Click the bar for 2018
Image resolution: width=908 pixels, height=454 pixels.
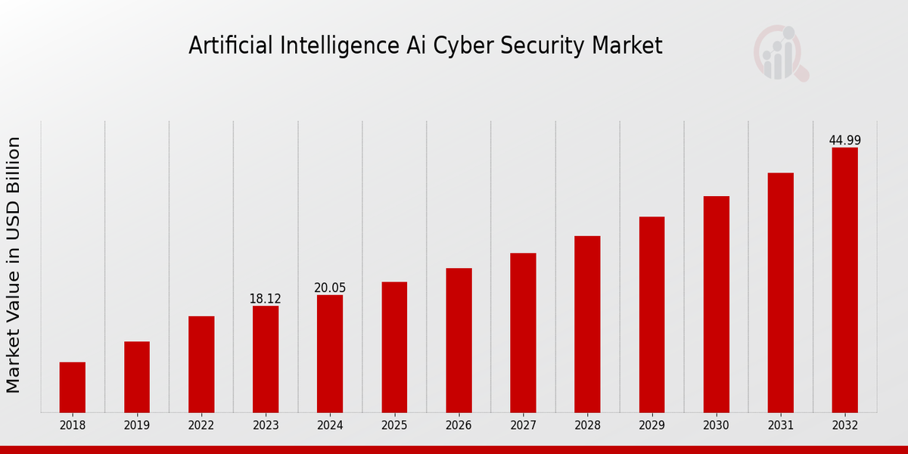[x=73, y=387]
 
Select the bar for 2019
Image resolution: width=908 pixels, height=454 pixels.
[x=137, y=377]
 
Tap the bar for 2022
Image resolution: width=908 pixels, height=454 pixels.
[x=201, y=364]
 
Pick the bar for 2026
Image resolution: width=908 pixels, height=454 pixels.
[x=459, y=340]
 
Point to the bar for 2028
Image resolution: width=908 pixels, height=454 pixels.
[x=587, y=324]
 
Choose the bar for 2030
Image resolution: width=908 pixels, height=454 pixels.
[x=716, y=304]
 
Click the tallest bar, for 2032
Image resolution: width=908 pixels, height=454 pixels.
[x=844, y=280]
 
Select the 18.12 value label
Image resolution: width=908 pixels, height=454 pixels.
[x=265, y=299]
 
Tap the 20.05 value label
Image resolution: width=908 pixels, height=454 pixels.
[x=330, y=288]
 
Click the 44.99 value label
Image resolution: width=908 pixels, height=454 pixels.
[x=844, y=141]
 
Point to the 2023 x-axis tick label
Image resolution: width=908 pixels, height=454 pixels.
[x=266, y=425]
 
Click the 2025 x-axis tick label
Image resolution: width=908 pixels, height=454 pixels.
[x=394, y=425]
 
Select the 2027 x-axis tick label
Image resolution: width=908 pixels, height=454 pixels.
[x=523, y=425]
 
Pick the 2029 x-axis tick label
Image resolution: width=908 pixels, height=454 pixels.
[x=651, y=425]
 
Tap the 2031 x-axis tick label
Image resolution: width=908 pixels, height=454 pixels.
[x=780, y=425]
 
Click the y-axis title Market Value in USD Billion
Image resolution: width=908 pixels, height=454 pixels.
[x=14, y=265]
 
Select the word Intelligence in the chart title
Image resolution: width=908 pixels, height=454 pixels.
[x=322, y=47]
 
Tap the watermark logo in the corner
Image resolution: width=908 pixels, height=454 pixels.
[x=781, y=53]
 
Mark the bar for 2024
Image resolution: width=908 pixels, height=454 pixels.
[x=330, y=353]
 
